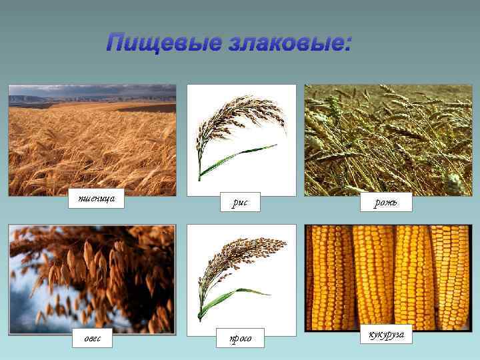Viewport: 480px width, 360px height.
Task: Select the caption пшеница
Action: tap(97, 199)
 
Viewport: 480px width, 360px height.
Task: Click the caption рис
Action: tap(240, 202)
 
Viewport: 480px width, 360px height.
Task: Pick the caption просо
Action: tap(241, 339)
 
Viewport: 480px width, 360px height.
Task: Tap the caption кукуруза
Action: tap(385, 334)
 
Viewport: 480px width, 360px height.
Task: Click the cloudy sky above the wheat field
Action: tap(92, 90)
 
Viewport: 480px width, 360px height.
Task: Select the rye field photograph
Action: tap(388, 140)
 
